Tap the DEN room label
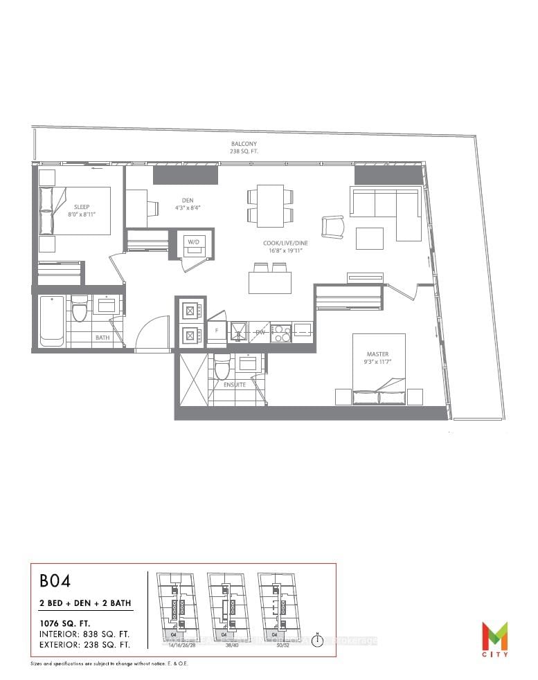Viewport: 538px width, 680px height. click(182, 200)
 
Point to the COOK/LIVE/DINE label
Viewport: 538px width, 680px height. click(280, 243)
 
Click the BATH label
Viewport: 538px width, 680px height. click(102, 338)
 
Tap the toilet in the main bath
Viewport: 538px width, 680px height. click(79, 309)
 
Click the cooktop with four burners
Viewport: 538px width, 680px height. click(280, 333)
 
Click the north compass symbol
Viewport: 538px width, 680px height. click(317, 640)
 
